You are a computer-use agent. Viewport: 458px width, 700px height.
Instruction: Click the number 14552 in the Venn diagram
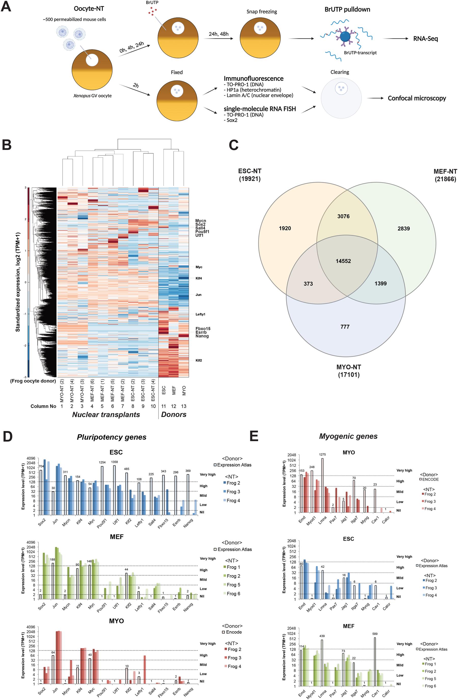coord(343,261)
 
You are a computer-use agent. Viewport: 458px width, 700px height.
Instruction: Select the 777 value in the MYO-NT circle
coord(345,327)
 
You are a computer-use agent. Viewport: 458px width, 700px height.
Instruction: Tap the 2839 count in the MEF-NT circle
coord(404,229)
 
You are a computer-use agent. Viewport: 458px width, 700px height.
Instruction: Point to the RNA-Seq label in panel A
coord(425,38)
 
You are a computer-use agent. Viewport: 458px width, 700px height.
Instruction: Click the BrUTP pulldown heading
coord(347,9)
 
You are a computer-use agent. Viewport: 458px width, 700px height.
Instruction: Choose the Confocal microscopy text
coord(417,98)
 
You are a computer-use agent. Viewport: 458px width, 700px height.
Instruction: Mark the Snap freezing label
coord(261,12)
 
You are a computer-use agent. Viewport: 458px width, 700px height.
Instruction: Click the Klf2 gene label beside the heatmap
coord(199,360)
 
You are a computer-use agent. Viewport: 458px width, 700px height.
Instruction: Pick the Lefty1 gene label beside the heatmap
coord(200,314)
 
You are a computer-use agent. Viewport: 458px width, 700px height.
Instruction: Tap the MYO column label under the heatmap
coord(184,390)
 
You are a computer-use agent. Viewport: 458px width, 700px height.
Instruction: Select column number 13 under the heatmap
coord(184,406)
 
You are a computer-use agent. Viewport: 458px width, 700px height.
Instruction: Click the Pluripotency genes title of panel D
coord(112,437)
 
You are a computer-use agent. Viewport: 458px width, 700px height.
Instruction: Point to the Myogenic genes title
coord(348,436)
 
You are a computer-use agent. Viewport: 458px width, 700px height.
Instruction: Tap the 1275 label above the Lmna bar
coord(322,454)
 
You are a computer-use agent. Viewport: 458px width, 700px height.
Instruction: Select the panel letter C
coord(233,145)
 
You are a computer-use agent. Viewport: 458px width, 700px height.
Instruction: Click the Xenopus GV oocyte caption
coord(92,96)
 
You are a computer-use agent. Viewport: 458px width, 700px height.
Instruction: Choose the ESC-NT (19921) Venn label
coord(250,175)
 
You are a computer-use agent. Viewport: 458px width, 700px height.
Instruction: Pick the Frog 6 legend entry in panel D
coord(233,594)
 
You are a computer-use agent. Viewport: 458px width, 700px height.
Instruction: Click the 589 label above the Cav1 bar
coord(375,634)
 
